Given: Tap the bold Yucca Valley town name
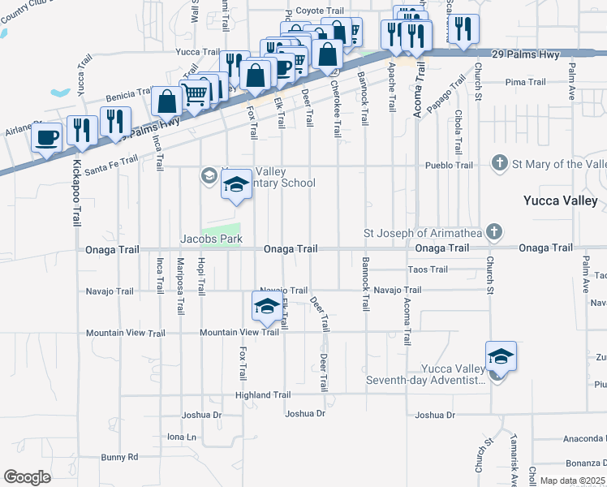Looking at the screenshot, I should tap(561, 200).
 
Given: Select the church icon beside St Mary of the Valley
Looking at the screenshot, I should tap(500, 164).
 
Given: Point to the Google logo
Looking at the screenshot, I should tap(27, 477).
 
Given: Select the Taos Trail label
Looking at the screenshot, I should tap(428, 269).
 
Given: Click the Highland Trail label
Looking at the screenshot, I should tap(262, 395).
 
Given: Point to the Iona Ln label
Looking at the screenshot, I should tap(182, 437).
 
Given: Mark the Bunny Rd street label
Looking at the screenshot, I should tap(120, 457).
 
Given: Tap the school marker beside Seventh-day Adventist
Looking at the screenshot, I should tap(501, 357).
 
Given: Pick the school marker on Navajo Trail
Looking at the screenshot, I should tap(266, 306).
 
